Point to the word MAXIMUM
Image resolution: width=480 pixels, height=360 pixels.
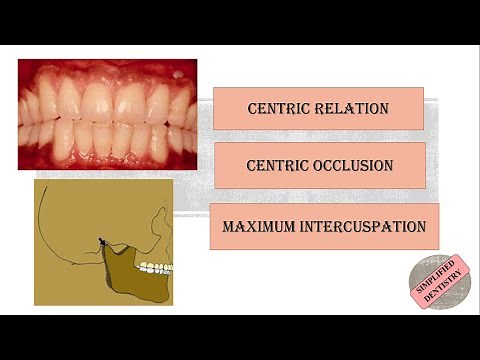click(254, 226)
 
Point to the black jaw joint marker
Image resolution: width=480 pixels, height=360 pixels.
click(102, 241)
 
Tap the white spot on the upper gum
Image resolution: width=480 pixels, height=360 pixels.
click(178, 74)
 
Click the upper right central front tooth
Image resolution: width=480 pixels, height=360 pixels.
click(94, 100)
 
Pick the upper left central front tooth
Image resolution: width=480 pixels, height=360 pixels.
click(123, 100)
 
